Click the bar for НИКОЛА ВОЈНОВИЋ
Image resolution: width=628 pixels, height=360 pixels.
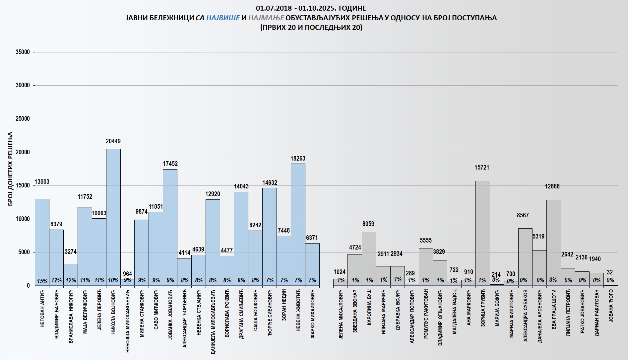(x=113, y=216)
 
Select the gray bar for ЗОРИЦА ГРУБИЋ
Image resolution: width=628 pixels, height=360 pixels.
(x=482, y=232)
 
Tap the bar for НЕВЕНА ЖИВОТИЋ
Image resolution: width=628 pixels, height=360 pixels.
(x=298, y=222)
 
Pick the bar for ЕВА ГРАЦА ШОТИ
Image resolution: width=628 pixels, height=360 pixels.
(x=553, y=242)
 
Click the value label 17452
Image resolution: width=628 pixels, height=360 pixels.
(x=170, y=164)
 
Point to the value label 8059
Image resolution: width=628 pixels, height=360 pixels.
(x=368, y=224)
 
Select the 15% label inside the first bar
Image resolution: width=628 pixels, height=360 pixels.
(x=42, y=281)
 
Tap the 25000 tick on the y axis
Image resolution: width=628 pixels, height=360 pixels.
(x=23, y=119)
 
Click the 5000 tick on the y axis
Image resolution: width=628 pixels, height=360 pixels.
(x=24, y=252)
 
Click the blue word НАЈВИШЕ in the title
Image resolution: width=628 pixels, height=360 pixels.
(x=223, y=18)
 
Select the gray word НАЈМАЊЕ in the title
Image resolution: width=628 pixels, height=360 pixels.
(x=266, y=18)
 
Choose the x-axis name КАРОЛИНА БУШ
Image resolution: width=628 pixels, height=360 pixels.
(x=369, y=307)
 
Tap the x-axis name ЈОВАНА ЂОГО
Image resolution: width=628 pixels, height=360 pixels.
(x=611, y=306)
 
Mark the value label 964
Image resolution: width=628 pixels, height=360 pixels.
(x=127, y=274)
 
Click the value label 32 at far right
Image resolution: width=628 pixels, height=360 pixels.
(x=610, y=272)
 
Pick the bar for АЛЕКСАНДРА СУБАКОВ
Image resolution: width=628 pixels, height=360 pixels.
(x=525, y=255)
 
